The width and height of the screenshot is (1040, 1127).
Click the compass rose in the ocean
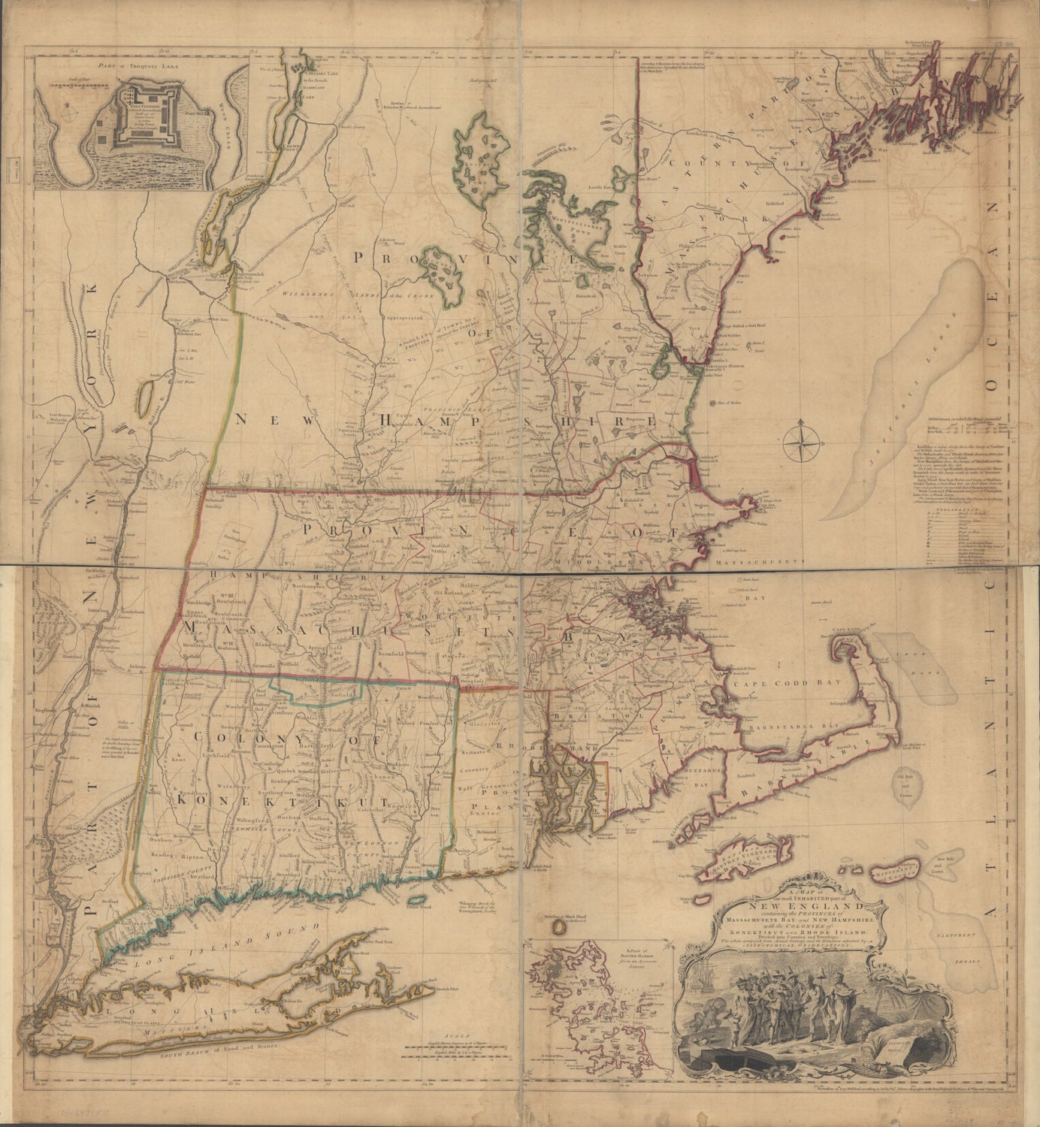click(803, 443)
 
